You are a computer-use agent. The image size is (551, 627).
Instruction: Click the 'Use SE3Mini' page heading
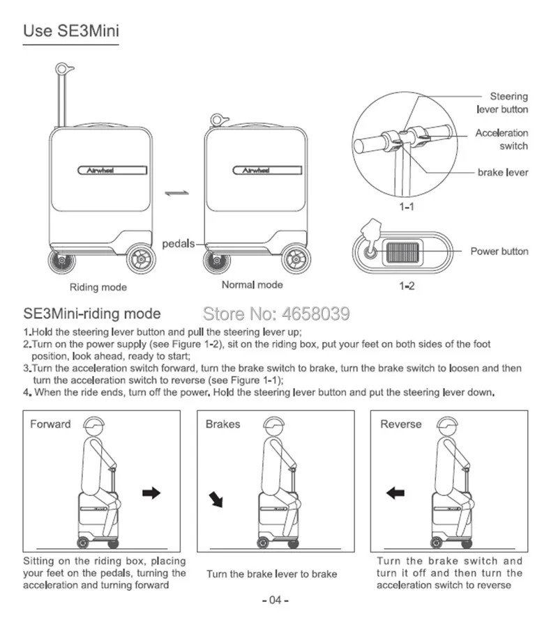tap(70, 31)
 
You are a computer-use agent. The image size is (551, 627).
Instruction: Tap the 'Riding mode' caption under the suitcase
tap(98, 287)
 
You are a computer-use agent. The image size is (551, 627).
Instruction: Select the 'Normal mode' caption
tap(252, 285)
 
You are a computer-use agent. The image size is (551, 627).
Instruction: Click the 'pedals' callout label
tap(178, 245)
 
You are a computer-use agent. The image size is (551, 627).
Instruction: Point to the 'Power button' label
tap(499, 251)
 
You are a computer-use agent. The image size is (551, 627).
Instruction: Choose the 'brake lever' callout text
tap(503, 172)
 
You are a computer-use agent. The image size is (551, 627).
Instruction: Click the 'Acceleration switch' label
tap(501, 139)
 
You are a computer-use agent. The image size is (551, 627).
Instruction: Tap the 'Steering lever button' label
tap(502, 103)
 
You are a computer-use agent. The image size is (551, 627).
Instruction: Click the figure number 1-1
tap(407, 207)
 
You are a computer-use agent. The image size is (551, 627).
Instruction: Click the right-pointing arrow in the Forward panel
tap(151, 493)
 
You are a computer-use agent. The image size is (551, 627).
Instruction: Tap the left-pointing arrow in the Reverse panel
tap(395, 493)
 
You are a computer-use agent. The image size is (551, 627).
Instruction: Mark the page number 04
tap(275, 601)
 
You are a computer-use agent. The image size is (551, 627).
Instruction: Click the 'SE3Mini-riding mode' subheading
tap(92, 314)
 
